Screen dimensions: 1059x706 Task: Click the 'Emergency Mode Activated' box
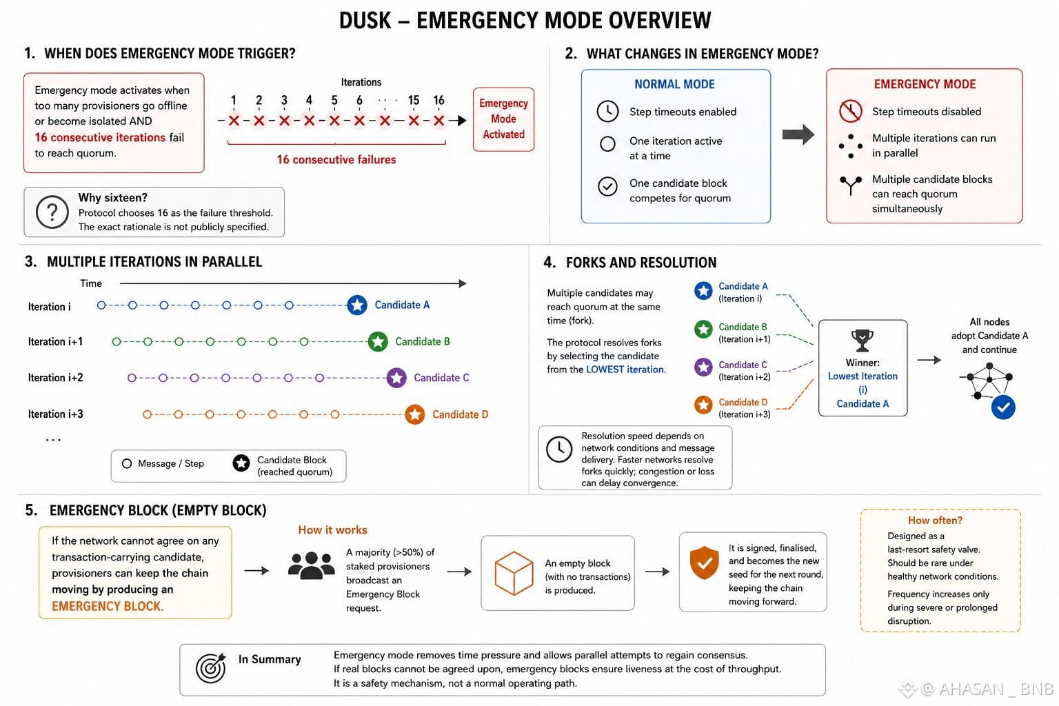tap(503, 119)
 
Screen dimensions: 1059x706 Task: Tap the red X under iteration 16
tap(438, 121)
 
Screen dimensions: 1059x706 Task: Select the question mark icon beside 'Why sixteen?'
tap(52, 212)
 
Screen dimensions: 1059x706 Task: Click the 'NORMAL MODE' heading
tap(674, 84)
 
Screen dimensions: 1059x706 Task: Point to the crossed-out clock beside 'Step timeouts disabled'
tap(850, 111)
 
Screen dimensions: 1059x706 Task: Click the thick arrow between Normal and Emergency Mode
tap(798, 134)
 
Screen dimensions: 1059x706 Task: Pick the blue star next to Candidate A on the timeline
tap(357, 305)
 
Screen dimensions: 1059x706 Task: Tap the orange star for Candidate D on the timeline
tap(414, 414)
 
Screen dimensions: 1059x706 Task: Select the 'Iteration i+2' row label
tap(55, 377)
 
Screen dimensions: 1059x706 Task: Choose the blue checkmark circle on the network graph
tap(1003, 407)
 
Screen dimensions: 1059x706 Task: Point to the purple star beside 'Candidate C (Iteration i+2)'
tap(703, 367)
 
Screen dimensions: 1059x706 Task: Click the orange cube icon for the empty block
tap(514, 573)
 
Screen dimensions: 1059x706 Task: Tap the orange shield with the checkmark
tap(704, 563)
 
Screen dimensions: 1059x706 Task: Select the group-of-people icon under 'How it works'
tap(311, 565)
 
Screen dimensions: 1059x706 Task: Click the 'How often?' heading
tap(935, 520)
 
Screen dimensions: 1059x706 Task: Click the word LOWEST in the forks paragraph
tap(605, 370)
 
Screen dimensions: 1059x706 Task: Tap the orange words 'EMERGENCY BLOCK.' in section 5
tap(108, 606)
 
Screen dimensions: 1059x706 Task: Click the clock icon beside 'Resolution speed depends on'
tap(559, 450)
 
